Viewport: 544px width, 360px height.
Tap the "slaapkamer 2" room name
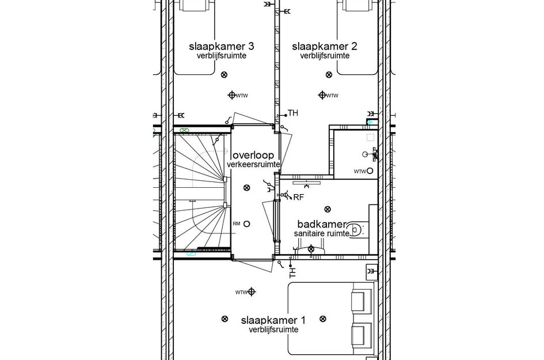coord(324,46)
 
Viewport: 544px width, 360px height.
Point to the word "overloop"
coord(253,156)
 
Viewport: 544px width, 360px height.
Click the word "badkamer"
coord(321,224)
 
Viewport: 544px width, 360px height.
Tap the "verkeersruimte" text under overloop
coord(253,165)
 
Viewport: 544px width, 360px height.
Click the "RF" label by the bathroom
coord(298,198)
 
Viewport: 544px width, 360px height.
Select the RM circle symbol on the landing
coord(246,223)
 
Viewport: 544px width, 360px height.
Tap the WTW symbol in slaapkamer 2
coord(322,95)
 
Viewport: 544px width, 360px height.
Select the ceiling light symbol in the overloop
coord(246,187)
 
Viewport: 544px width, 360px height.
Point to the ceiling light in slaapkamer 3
coord(224,74)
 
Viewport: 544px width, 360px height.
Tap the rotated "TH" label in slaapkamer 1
coord(292,271)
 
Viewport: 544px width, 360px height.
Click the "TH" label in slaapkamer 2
coord(292,113)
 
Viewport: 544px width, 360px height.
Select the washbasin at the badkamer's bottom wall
coord(311,249)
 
